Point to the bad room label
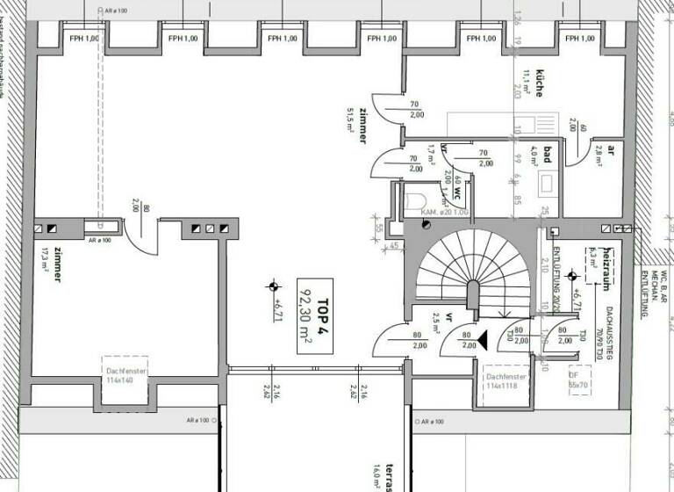pyautogui.click(x=546, y=156)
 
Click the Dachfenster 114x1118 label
pyautogui.click(x=505, y=382)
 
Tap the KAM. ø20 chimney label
pyautogui.click(x=443, y=213)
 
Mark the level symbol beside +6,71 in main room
pyautogui.click(x=274, y=286)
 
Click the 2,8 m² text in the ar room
pyautogui.click(x=599, y=158)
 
